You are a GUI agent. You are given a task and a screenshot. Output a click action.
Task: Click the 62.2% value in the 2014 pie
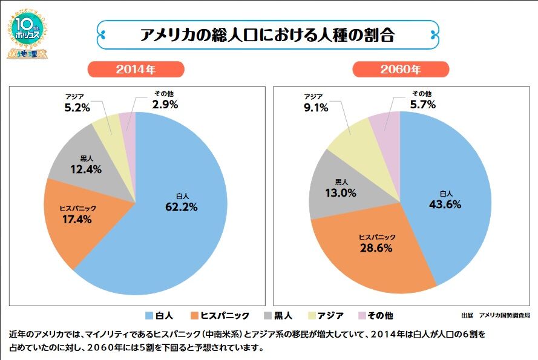(x=182, y=207)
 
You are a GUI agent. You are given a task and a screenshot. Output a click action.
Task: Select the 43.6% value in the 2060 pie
(x=445, y=205)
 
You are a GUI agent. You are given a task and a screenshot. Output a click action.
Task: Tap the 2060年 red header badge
(x=401, y=69)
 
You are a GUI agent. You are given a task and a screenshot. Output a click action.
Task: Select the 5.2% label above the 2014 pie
(x=77, y=108)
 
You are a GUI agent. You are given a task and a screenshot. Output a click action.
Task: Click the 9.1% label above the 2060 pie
(x=315, y=108)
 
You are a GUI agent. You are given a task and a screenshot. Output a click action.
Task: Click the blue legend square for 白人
(x=149, y=315)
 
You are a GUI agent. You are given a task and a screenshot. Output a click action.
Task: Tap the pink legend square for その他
(x=362, y=315)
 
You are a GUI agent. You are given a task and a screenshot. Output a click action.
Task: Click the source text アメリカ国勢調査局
(x=504, y=315)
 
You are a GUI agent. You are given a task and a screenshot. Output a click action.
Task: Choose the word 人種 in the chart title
(x=324, y=34)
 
